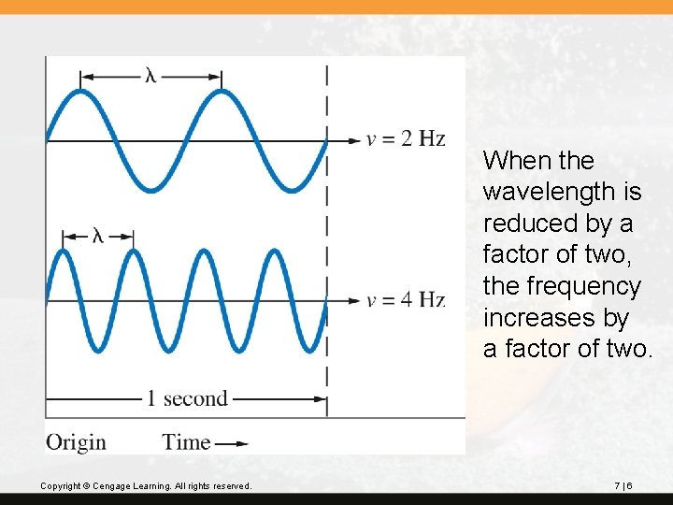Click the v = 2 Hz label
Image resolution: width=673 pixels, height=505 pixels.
coord(406,139)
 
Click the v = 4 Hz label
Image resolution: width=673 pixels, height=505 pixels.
coord(406,300)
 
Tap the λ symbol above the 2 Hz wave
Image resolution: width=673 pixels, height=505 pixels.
coord(150,75)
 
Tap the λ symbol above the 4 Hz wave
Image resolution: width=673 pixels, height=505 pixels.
coord(97,236)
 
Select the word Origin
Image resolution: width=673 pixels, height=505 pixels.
coord(76,441)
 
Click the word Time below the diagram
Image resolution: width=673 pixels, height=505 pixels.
coord(186,441)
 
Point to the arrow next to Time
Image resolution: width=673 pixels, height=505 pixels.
coord(232,442)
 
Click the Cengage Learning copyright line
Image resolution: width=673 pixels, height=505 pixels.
coord(146,486)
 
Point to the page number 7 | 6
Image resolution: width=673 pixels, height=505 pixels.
coord(623,486)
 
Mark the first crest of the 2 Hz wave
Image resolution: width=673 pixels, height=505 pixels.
coord(81,91)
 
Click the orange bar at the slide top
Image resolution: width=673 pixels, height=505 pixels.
coord(336,7)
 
